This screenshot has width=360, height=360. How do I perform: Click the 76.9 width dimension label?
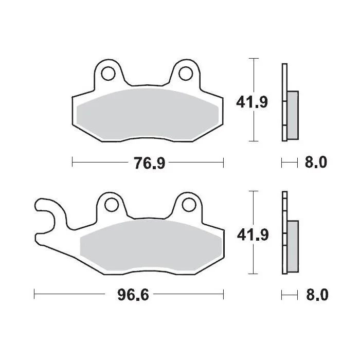(x=150, y=163)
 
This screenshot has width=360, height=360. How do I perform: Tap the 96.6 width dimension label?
(x=133, y=295)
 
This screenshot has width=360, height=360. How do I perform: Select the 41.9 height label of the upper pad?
(x=252, y=102)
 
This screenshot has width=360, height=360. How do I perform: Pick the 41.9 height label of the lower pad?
(x=253, y=235)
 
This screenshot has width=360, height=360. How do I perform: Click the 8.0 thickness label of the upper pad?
(x=316, y=163)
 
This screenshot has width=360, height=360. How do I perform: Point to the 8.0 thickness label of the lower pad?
(x=317, y=295)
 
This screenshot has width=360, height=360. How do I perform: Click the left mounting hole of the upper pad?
(x=108, y=74)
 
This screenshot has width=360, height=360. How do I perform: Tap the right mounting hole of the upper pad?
(x=186, y=74)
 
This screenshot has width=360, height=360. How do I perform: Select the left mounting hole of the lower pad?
(x=112, y=205)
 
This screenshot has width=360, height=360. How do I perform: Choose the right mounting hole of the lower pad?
(x=189, y=205)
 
